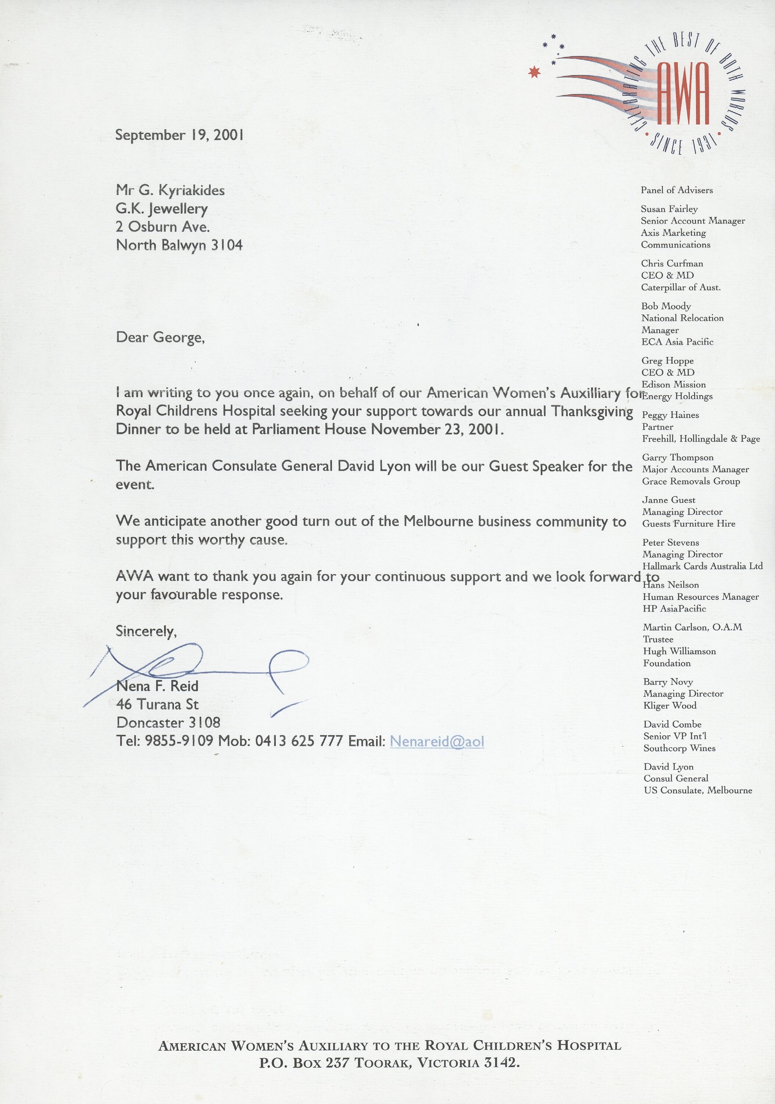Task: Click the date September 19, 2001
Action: [179, 135]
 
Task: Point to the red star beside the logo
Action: [534, 72]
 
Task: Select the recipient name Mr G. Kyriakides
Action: [170, 190]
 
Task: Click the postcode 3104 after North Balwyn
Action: [227, 245]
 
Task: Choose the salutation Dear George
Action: [160, 337]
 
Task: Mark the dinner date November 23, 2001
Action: [437, 429]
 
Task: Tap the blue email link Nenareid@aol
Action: [437, 741]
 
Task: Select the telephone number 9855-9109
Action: [179, 741]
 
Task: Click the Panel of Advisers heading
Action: [676, 190]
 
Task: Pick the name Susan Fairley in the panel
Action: [669, 209]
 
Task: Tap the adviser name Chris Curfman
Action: [672, 263]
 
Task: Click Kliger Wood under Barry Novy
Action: [670, 705]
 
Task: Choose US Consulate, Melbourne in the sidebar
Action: [698, 790]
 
